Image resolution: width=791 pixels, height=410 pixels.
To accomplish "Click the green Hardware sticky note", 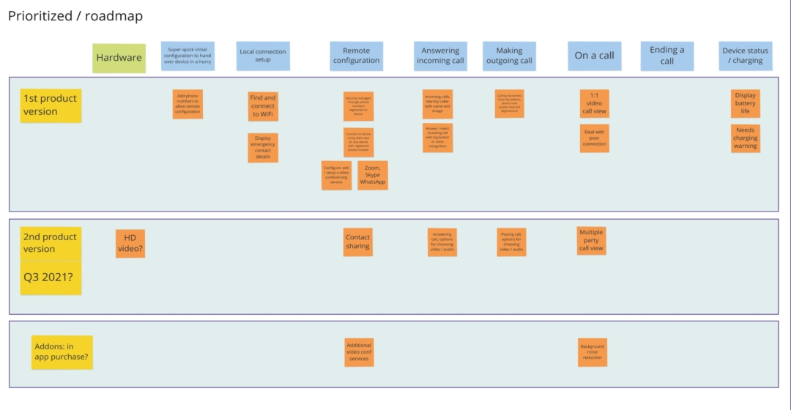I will coord(119,58).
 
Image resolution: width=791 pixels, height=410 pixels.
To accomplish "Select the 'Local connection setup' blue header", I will coord(263,56).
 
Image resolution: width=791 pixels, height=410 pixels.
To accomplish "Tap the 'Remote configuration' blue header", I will coord(356,56).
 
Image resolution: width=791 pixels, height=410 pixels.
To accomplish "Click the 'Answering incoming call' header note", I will coord(440,56).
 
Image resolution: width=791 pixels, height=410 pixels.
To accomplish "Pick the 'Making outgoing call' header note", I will coord(509,56).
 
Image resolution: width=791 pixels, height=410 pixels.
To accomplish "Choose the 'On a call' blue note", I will coord(594,56).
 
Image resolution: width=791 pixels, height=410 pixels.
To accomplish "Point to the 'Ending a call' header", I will coord(666,56).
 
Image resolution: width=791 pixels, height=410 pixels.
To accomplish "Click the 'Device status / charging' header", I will coord(745,56).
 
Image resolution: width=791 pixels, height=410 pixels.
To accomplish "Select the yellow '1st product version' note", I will coord(51,105).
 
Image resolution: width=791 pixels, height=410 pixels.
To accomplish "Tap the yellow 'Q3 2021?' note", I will coord(51,278).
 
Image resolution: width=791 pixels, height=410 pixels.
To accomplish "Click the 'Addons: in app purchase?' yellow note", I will coord(62,352).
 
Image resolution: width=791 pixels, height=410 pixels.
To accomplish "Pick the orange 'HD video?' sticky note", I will coord(130,244).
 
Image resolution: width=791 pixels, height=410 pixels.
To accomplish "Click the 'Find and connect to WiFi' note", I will coord(263,106).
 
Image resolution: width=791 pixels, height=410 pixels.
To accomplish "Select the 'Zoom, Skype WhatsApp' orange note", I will coord(373,176).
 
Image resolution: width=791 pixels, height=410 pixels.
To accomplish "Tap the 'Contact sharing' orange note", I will coord(358,242).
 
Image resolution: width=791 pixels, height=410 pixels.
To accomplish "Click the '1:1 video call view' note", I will coord(594,103).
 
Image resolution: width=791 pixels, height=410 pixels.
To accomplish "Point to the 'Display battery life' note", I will coord(745,103).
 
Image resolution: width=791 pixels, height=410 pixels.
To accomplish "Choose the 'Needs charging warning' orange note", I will coord(745,138).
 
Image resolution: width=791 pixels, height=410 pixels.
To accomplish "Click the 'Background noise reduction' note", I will coord(592,352).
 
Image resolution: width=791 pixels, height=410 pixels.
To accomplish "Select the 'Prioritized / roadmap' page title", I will coord(75,15).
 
